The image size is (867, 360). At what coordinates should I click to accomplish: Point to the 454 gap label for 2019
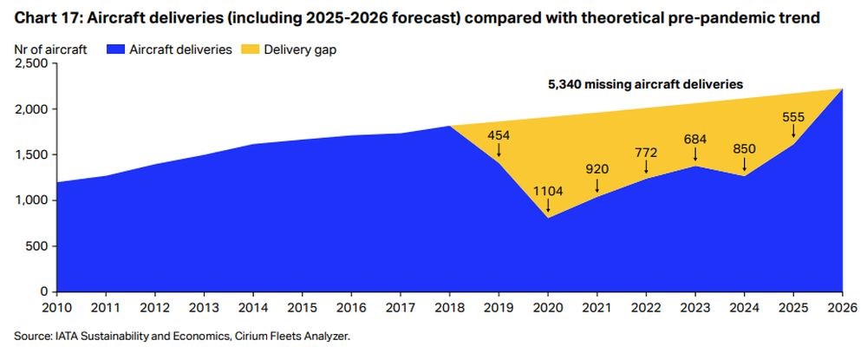499,135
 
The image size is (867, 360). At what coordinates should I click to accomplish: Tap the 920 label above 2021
596,171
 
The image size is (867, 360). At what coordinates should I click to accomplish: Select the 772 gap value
646,153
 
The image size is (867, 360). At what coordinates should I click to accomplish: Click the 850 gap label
745,148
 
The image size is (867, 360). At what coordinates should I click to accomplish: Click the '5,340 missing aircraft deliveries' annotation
646,85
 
